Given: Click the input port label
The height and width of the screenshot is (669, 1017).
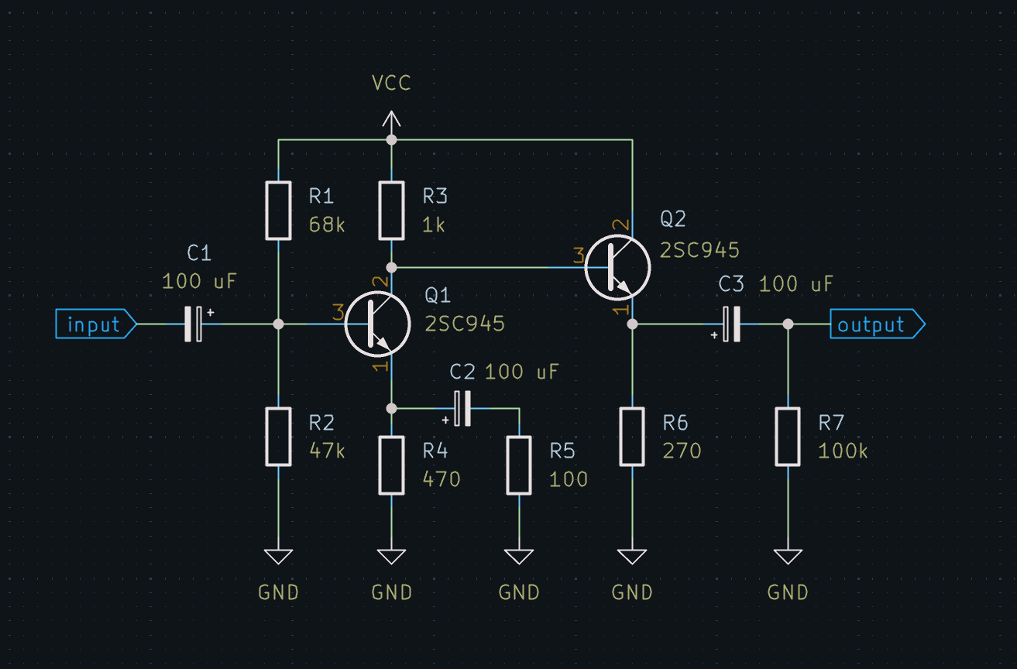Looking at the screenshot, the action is click(x=95, y=324).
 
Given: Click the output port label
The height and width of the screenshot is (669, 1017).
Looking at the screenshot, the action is click(x=877, y=324).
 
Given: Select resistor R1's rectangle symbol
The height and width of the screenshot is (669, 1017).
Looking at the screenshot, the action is click(x=278, y=211).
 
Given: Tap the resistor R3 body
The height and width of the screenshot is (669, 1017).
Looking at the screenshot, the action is click(x=391, y=211).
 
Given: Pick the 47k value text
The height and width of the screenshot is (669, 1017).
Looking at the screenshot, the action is click(x=327, y=451).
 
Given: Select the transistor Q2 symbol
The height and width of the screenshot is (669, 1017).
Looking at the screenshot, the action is click(x=618, y=267).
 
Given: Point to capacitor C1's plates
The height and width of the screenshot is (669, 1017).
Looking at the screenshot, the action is click(x=193, y=324).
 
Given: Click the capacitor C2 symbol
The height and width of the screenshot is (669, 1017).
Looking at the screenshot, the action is click(x=462, y=409).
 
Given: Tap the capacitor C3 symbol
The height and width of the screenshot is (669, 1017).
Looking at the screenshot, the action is click(x=731, y=324).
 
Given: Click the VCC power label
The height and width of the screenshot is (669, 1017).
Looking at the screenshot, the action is click(x=391, y=83).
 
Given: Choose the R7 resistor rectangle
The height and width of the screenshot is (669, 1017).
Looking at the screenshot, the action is click(x=788, y=437).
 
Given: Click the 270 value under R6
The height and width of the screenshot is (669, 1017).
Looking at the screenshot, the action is click(x=682, y=451).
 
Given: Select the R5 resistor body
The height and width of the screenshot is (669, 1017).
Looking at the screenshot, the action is click(x=519, y=465).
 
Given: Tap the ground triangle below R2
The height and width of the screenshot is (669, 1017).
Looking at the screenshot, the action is click(x=278, y=556).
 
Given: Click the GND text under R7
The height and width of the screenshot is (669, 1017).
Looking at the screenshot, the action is click(x=788, y=592).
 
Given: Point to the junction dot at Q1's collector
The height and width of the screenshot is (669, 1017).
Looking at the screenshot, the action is click(x=391, y=267).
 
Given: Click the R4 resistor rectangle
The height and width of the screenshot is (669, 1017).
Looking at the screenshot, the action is click(x=391, y=465).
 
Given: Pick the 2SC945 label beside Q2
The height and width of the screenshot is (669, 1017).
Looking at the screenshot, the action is click(x=699, y=250).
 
